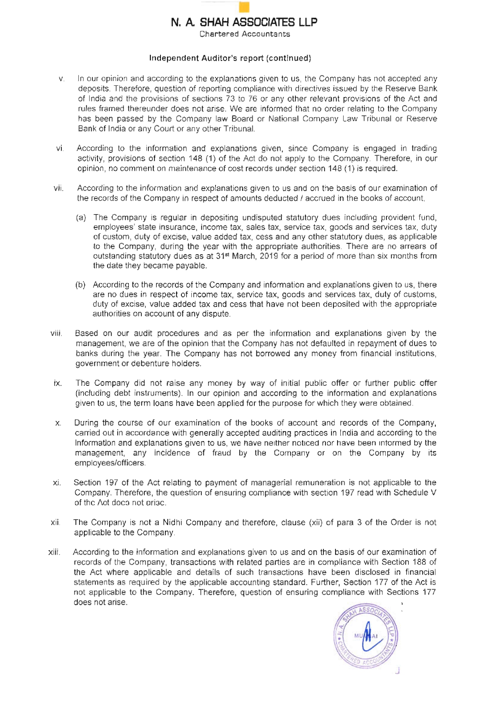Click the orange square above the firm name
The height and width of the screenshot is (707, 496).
244,7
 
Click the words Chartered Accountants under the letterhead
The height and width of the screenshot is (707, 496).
244,34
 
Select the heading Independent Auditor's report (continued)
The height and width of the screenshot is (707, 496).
230,58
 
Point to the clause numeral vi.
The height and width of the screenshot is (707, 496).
60,149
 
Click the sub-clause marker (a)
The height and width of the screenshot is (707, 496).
81,218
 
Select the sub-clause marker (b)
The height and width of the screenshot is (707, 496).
81,285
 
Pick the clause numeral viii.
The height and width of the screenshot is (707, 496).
56,334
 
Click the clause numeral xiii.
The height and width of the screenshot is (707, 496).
54,553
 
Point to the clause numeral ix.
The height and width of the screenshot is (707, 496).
58,383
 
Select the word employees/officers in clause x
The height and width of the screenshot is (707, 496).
110,463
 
